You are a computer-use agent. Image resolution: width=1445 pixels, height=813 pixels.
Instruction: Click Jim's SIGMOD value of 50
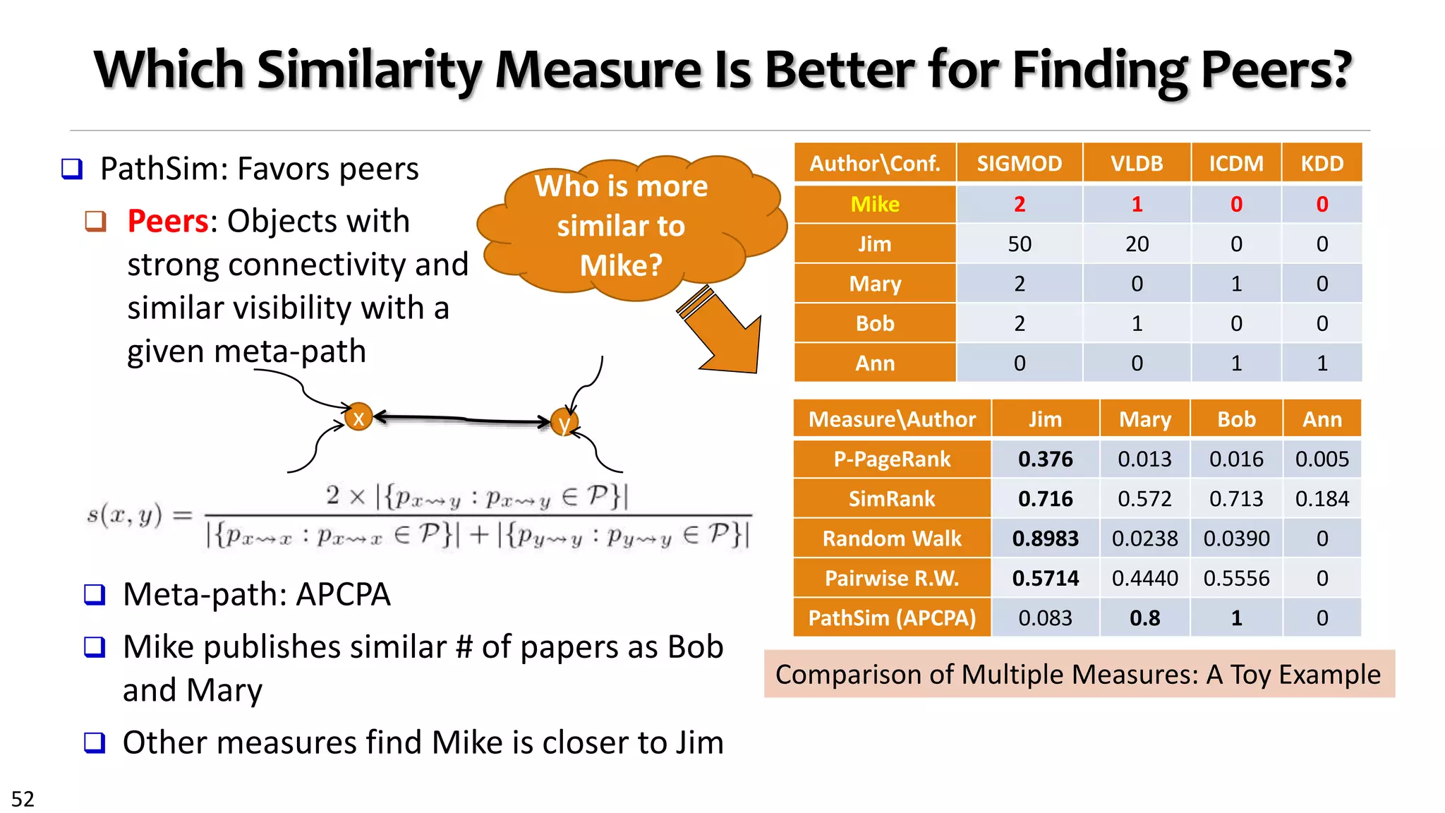[x=1019, y=244]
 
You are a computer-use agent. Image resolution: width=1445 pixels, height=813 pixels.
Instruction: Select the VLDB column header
[x=1136, y=164]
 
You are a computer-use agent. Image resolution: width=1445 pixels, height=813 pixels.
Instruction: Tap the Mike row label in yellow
[x=875, y=204]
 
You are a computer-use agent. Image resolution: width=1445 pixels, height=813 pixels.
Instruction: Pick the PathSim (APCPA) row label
[x=892, y=618]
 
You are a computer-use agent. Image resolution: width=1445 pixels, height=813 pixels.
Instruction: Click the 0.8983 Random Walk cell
[x=1045, y=538]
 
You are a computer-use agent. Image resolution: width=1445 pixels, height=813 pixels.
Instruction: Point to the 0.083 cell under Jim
[x=1045, y=618]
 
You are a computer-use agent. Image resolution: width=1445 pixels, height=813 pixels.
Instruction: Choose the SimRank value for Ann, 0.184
[x=1322, y=499]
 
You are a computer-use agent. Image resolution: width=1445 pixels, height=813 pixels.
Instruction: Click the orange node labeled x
[x=358, y=418]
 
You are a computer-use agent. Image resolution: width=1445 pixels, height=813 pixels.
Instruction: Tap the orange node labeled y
[x=564, y=423]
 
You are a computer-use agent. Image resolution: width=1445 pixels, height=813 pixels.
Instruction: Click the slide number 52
[x=23, y=799]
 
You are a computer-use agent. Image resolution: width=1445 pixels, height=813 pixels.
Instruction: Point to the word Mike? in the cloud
[x=621, y=266]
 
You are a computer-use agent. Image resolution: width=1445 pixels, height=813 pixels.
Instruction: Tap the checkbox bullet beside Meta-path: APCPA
[x=95, y=594]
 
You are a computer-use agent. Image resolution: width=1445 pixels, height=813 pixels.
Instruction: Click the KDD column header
[x=1322, y=164]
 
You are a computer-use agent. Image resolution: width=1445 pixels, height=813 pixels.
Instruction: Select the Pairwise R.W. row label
[x=892, y=579]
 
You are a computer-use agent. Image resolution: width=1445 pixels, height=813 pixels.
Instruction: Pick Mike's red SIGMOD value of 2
[x=1019, y=205]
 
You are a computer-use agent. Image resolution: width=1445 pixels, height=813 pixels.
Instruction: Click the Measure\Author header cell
[x=892, y=419]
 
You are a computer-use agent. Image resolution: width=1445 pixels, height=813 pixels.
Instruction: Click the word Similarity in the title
[x=370, y=71]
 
